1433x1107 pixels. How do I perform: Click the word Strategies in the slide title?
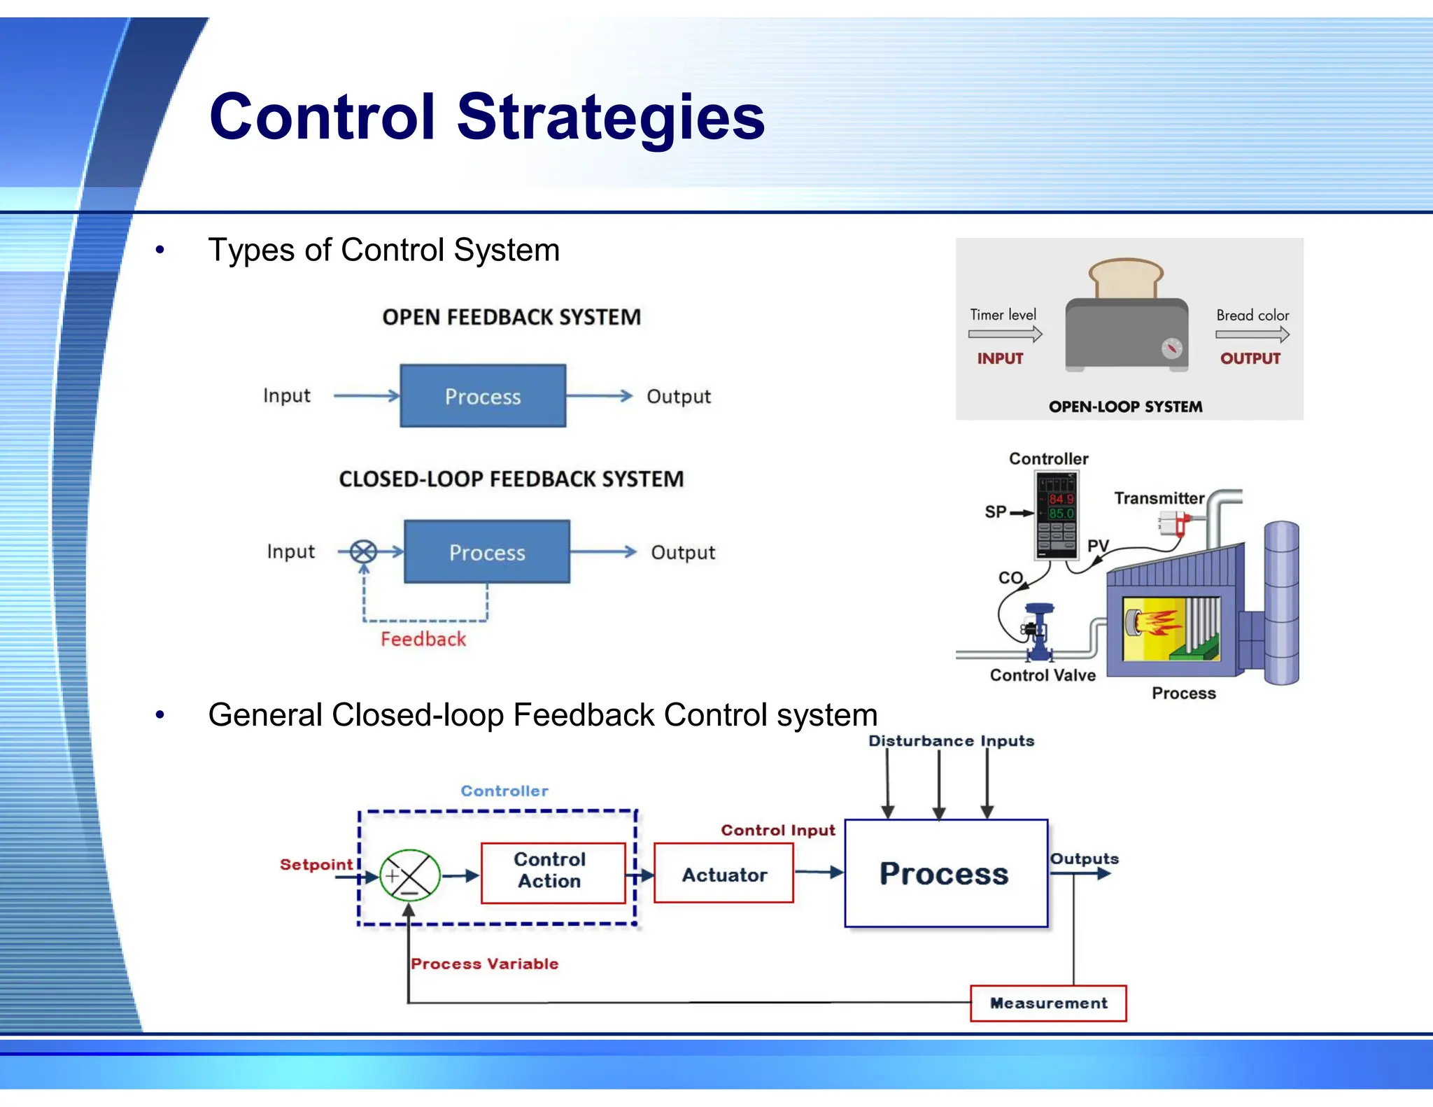pos(610,117)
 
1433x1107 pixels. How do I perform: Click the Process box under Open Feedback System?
pos(483,396)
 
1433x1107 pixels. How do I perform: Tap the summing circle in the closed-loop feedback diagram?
pos(363,552)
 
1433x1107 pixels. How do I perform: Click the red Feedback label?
pos(423,639)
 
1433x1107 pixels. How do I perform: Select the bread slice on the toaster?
pos(1126,278)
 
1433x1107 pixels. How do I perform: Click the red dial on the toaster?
pos(1171,348)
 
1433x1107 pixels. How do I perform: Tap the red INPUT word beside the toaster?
pos(1000,358)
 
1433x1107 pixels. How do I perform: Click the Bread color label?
pos(1252,316)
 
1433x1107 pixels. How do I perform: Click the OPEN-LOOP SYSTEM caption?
pos(1125,407)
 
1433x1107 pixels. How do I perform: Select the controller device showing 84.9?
pos(1057,515)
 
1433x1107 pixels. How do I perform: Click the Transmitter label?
pos(1159,498)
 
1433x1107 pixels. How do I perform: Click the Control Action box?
pos(553,872)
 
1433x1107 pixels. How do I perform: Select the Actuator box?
pos(723,875)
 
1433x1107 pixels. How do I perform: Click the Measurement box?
pos(1048,1003)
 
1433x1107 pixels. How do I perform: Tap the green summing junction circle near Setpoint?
pos(409,875)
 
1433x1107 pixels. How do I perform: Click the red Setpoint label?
pos(316,864)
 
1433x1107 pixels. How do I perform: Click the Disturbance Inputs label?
pos(951,741)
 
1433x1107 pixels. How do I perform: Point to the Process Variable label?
pos(484,964)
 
